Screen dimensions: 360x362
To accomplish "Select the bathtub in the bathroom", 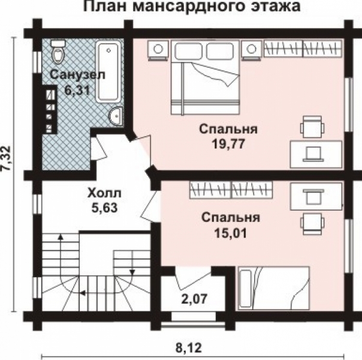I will (x=109, y=71).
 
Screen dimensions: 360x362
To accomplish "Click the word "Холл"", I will (x=104, y=194).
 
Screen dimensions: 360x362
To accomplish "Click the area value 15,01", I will (x=231, y=232).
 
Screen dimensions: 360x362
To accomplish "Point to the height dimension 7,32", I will (x=8, y=160).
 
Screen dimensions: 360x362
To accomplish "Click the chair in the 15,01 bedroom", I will (x=310, y=221).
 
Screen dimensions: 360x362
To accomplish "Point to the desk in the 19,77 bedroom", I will (x=315, y=152).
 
